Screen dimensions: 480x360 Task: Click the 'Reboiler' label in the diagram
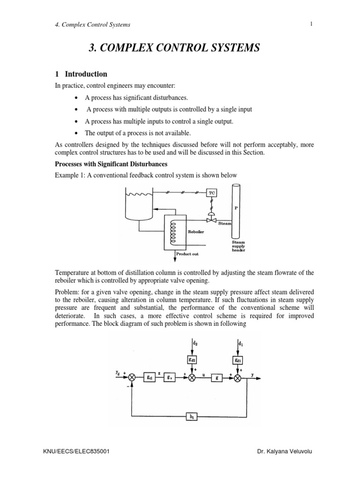[195, 231]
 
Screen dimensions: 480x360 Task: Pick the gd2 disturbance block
[192, 360]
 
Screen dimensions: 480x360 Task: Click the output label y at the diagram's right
[253, 374]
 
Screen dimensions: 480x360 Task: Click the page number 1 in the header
[310, 24]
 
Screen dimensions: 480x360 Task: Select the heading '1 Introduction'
[81, 74]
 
